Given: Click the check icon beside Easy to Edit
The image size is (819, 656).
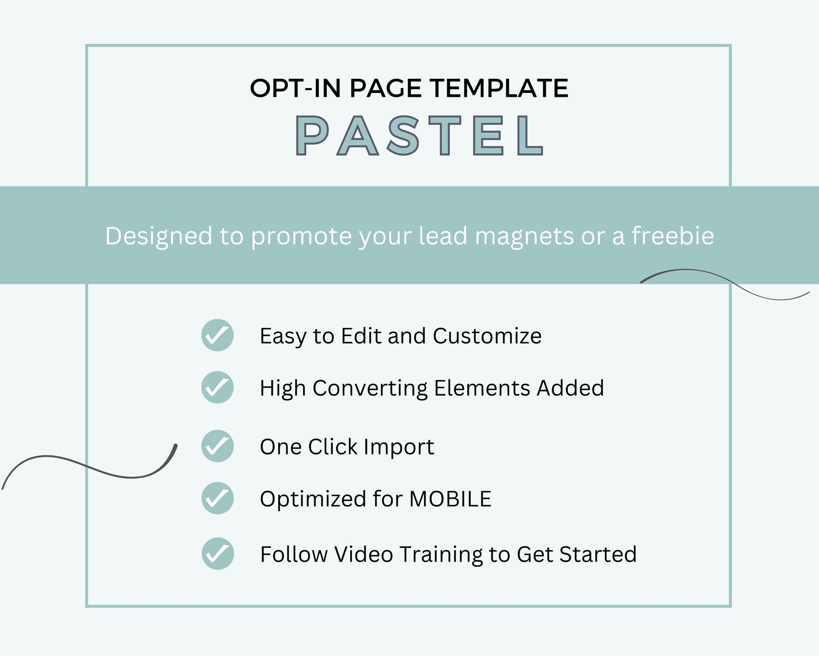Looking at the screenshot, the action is coord(218,335).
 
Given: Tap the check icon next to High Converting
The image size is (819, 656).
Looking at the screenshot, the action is coord(218,387).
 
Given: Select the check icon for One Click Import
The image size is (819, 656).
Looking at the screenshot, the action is coord(218,446).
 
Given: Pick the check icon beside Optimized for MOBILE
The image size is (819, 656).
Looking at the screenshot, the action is coord(218,498).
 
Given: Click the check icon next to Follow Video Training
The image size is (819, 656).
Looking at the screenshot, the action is coord(218,554).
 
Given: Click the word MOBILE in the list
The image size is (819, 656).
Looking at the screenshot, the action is coord(450,499).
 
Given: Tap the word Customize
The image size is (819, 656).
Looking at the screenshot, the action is coord(487,336).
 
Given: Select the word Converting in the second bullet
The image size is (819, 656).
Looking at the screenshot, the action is coord(370,388).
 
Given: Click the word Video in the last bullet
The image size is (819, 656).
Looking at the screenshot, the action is coord(364,554).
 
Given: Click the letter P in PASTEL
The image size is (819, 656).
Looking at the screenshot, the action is coord(312,135).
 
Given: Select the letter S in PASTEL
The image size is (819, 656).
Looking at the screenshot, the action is coord(403,135).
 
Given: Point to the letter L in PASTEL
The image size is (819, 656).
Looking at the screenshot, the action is coord(530,135).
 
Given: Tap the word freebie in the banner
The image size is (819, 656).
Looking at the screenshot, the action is coord(673,235).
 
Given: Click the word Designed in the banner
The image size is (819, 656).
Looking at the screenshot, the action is coord(159,236).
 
